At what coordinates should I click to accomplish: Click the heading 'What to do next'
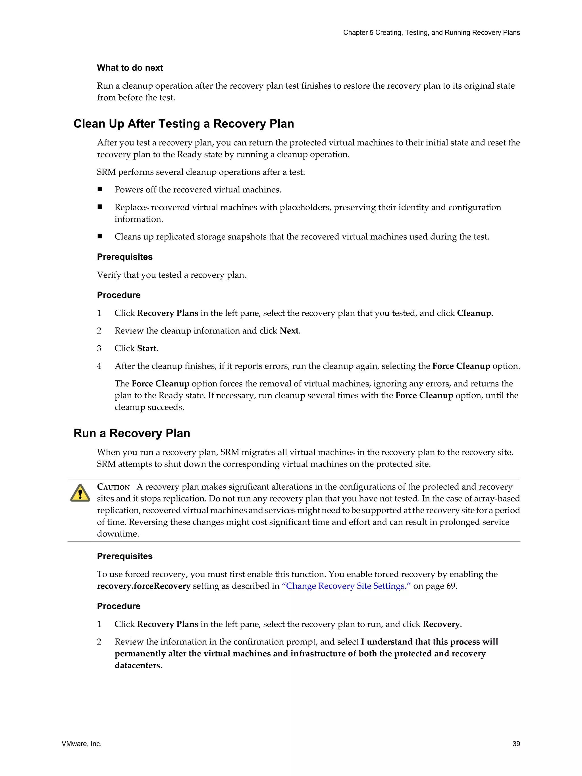pyautogui.click(x=130, y=68)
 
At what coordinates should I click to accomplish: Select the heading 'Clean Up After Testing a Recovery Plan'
pyautogui.click(x=184, y=124)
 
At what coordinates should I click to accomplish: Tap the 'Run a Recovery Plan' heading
pyautogui.click(x=132, y=433)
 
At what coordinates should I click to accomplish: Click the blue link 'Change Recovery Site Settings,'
pyautogui.click(x=346, y=586)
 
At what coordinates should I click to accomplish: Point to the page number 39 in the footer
pyautogui.click(x=516, y=744)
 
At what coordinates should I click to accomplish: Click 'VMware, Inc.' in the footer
pyautogui.click(x=81, y=744)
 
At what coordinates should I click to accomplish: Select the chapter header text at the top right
pyautogui.click(x=431, y=33)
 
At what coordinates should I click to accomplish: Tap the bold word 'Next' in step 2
pyautogui.click(x=289, y=331)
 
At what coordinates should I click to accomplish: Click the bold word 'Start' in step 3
pyautogui.click(x=147, y=348)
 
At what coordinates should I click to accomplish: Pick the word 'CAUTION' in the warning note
pyautogui.click(x=113, y=487)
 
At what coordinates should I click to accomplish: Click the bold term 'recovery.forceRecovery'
pyautogui.click(x=144, y=586)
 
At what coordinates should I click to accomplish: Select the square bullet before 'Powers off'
pyautogui.click(x=100, y=189)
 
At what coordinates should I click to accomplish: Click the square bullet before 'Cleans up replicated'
pyautogui.click(x=100, y=236)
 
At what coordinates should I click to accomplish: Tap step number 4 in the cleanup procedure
pyautogui.click(x=99, y=366)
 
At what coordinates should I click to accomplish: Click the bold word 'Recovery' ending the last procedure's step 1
pyautogui.click(x=441, y=624)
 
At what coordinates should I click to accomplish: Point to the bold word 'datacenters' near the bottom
pyautogui.click(x=137, y=665)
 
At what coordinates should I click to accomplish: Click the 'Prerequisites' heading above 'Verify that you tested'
pyautogui.click(x=124, y=257)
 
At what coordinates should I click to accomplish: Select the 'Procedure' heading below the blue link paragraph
pyautogui.click(x=119, y=606)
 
